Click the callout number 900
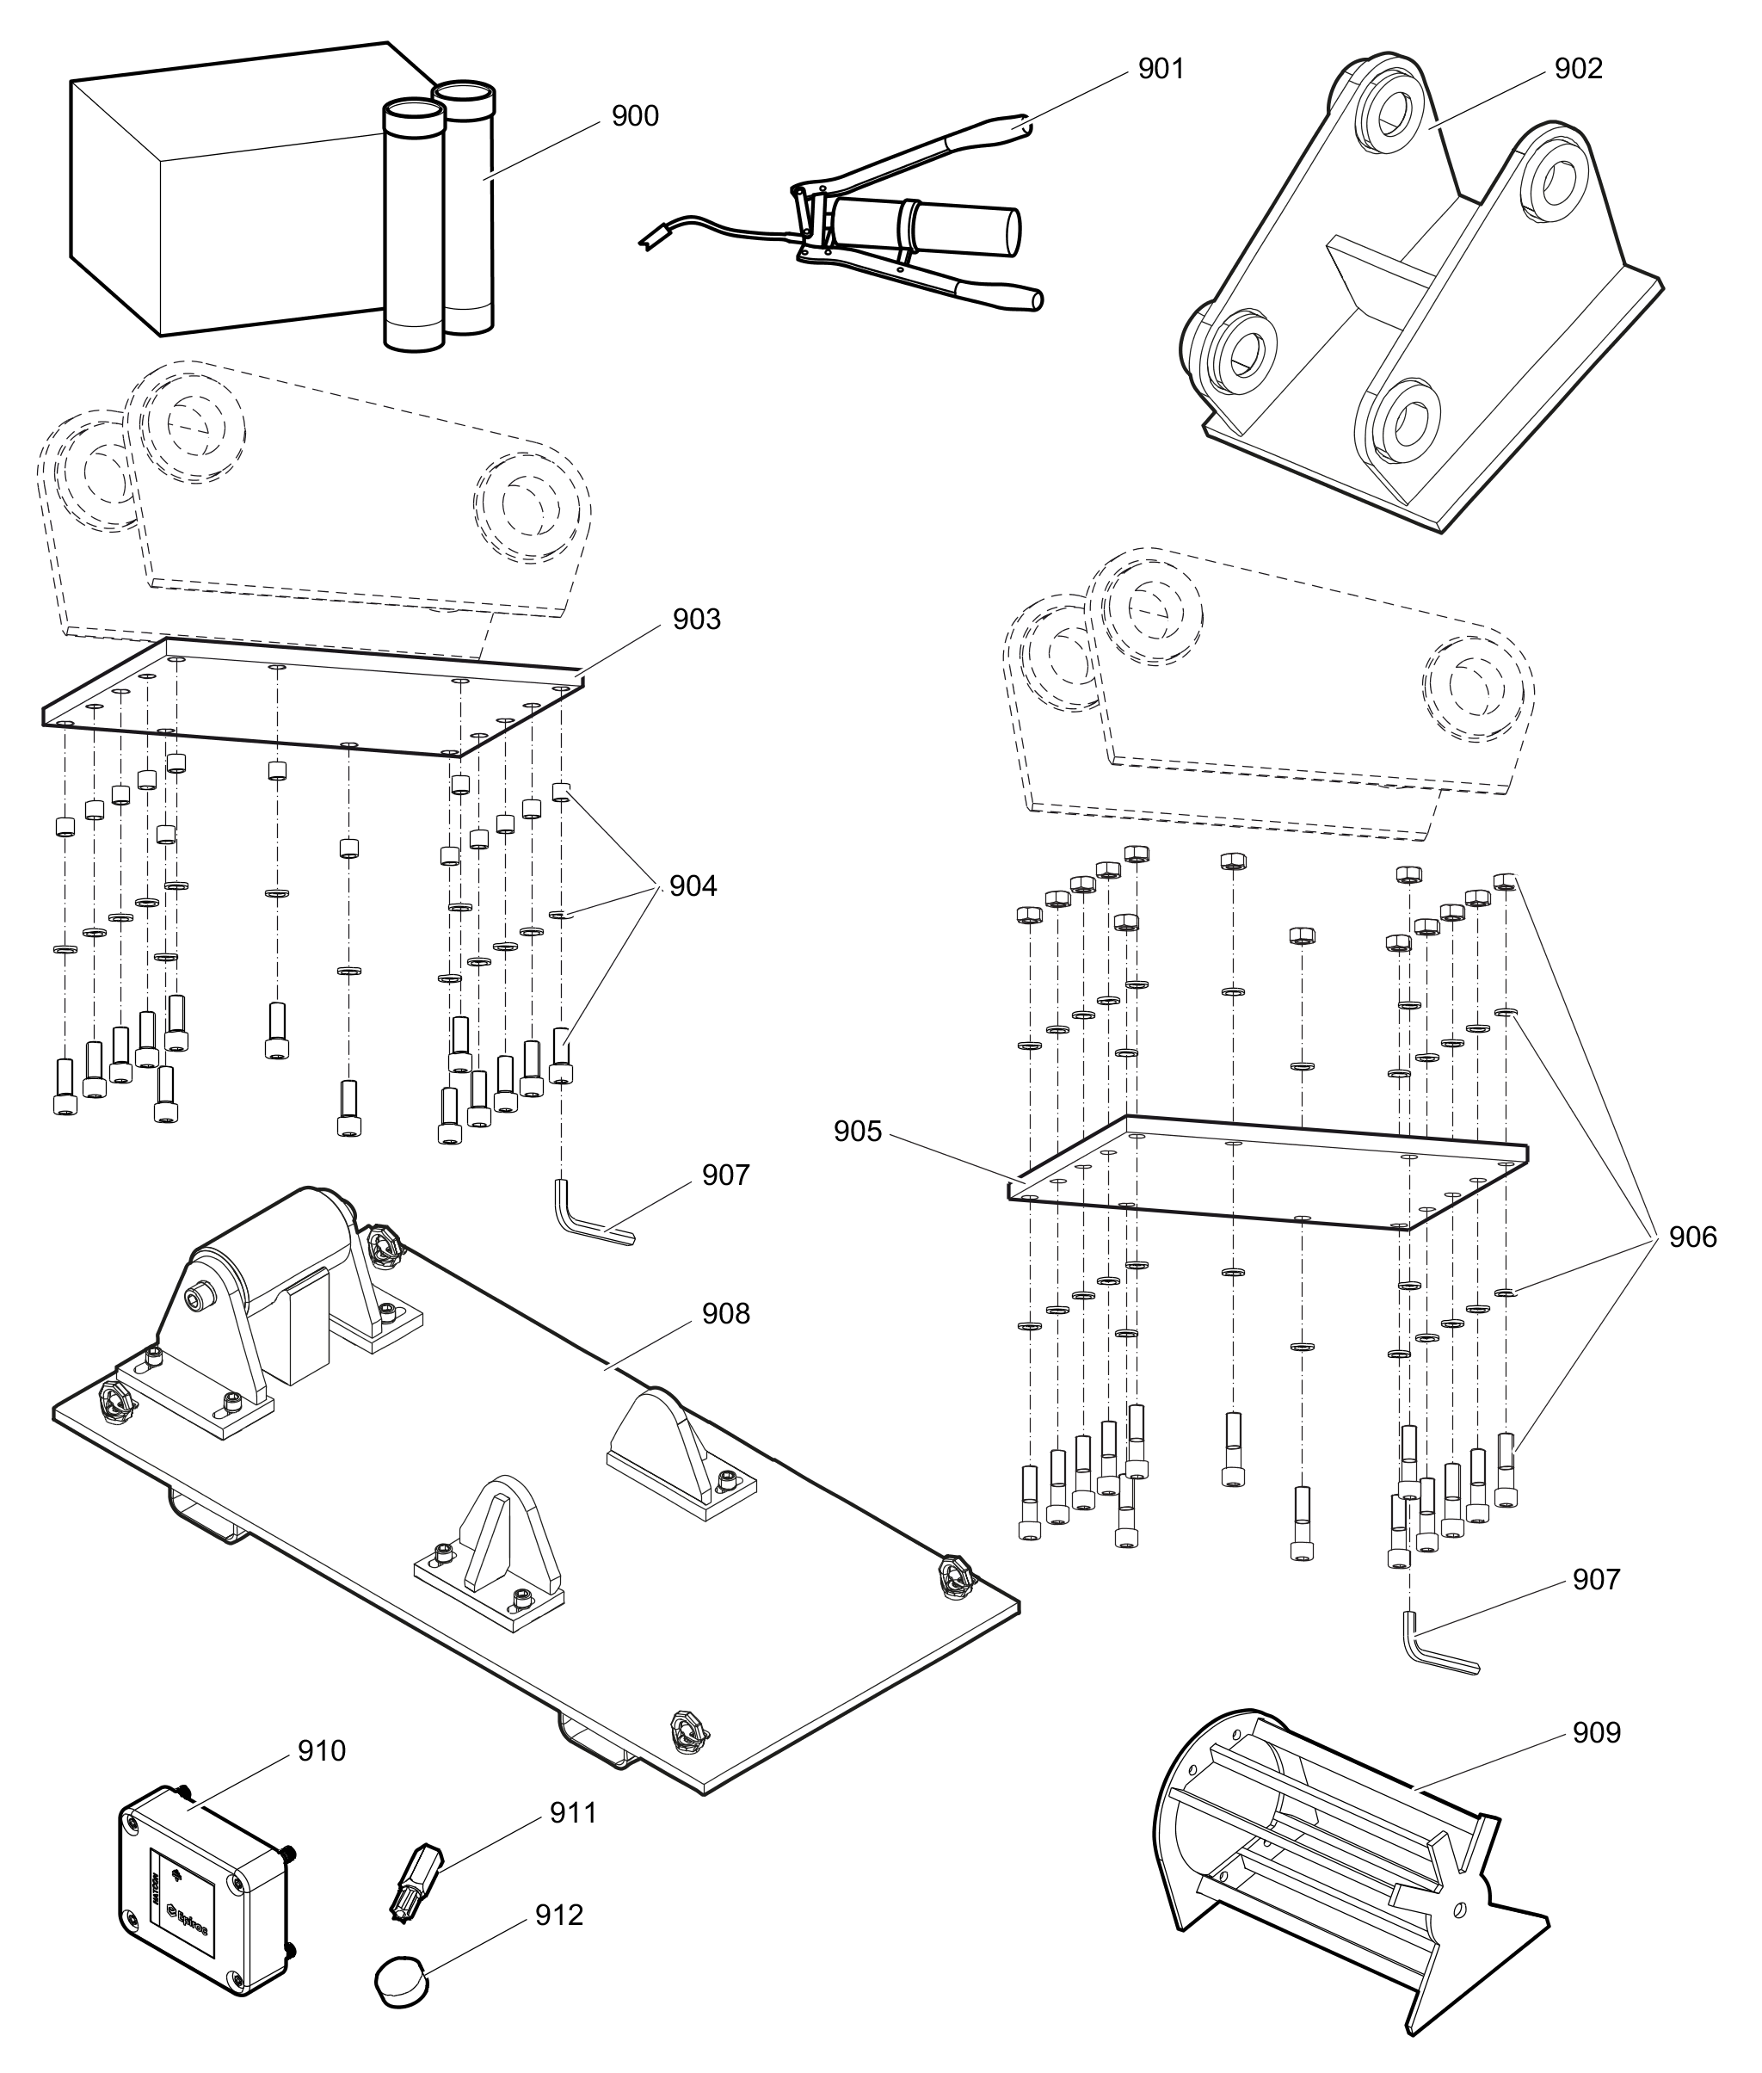click(634, 117)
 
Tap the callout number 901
click(1161, 69)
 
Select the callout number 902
click(1578, 69)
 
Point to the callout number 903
click(696, 620)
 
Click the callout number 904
click(693, 886)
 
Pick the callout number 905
click(858, 1131)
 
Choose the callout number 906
click(1693, 1237)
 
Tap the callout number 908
click(725, 1313)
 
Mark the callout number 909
click(1596, 1731)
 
